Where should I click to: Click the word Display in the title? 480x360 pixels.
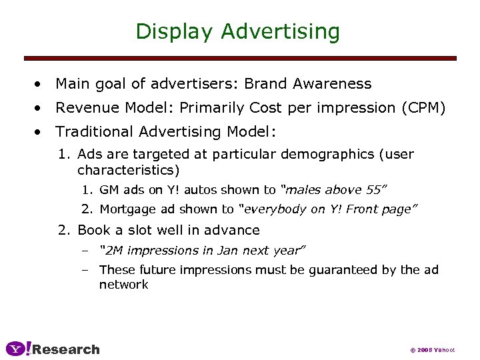pos(175,31)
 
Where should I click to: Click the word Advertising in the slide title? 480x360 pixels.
pos(281,31)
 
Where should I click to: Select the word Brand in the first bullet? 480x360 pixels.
pos(265,84)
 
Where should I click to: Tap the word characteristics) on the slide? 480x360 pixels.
pos(129,169)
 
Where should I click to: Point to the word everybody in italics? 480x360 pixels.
pos(273,209)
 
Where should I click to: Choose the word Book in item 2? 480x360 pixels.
pos(92,230)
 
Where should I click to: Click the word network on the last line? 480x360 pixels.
pos(124,285)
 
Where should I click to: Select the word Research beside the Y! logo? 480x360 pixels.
pos(66,349)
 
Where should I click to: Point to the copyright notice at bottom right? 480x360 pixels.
pos(431,350)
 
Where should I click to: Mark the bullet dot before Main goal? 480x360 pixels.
pos(41,85)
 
